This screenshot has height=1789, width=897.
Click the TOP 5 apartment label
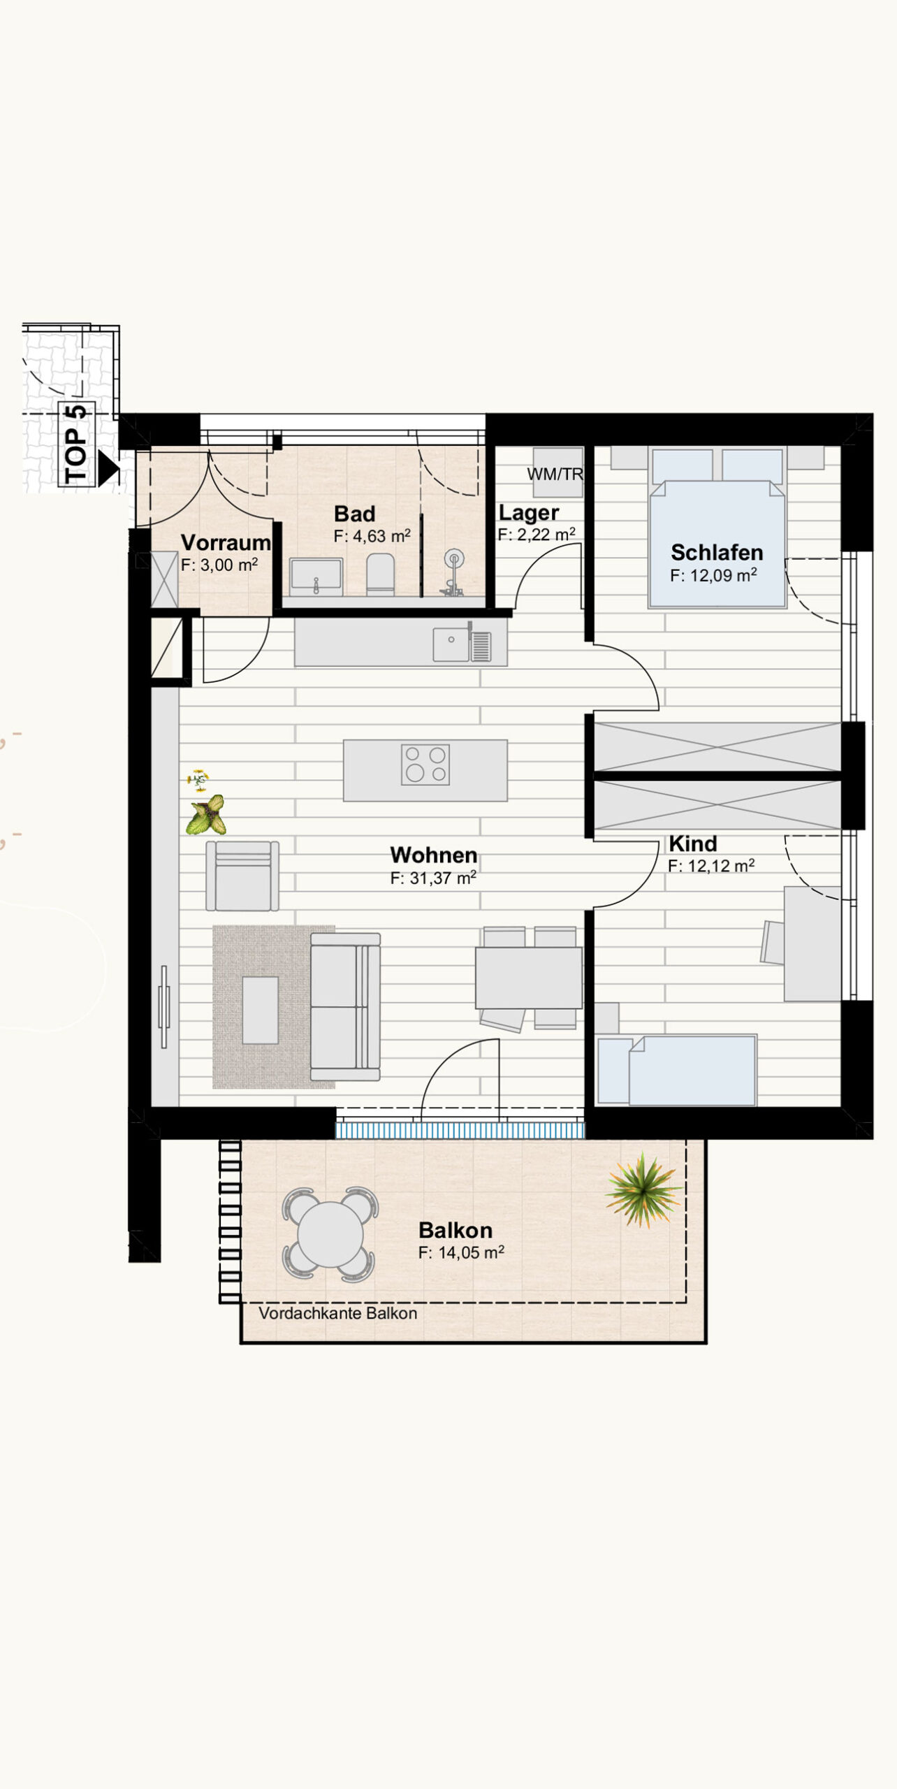[76, 444]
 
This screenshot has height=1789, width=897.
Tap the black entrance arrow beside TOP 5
[108, 468]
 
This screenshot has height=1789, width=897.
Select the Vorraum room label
[226, 542]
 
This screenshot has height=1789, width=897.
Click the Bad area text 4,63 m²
[372, 536]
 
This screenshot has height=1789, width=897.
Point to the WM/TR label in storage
[555, 474]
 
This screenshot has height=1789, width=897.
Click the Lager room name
[529, 513]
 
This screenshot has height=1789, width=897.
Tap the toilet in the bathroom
[380, 574]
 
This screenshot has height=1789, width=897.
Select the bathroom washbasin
[316, 577]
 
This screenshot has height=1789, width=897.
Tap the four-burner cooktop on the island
[425, 765]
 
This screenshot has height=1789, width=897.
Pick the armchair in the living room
[242, 876]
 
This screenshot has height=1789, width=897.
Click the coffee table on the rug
[261, 1011]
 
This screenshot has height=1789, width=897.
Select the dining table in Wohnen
[529, 978]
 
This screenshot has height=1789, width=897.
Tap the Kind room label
[693, 843]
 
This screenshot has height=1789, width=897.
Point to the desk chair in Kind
[773, 943]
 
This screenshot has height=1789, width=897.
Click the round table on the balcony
[330, 1234]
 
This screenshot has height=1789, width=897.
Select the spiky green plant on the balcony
[643, 1190]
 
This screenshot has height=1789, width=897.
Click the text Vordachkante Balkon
[338, 1313]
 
